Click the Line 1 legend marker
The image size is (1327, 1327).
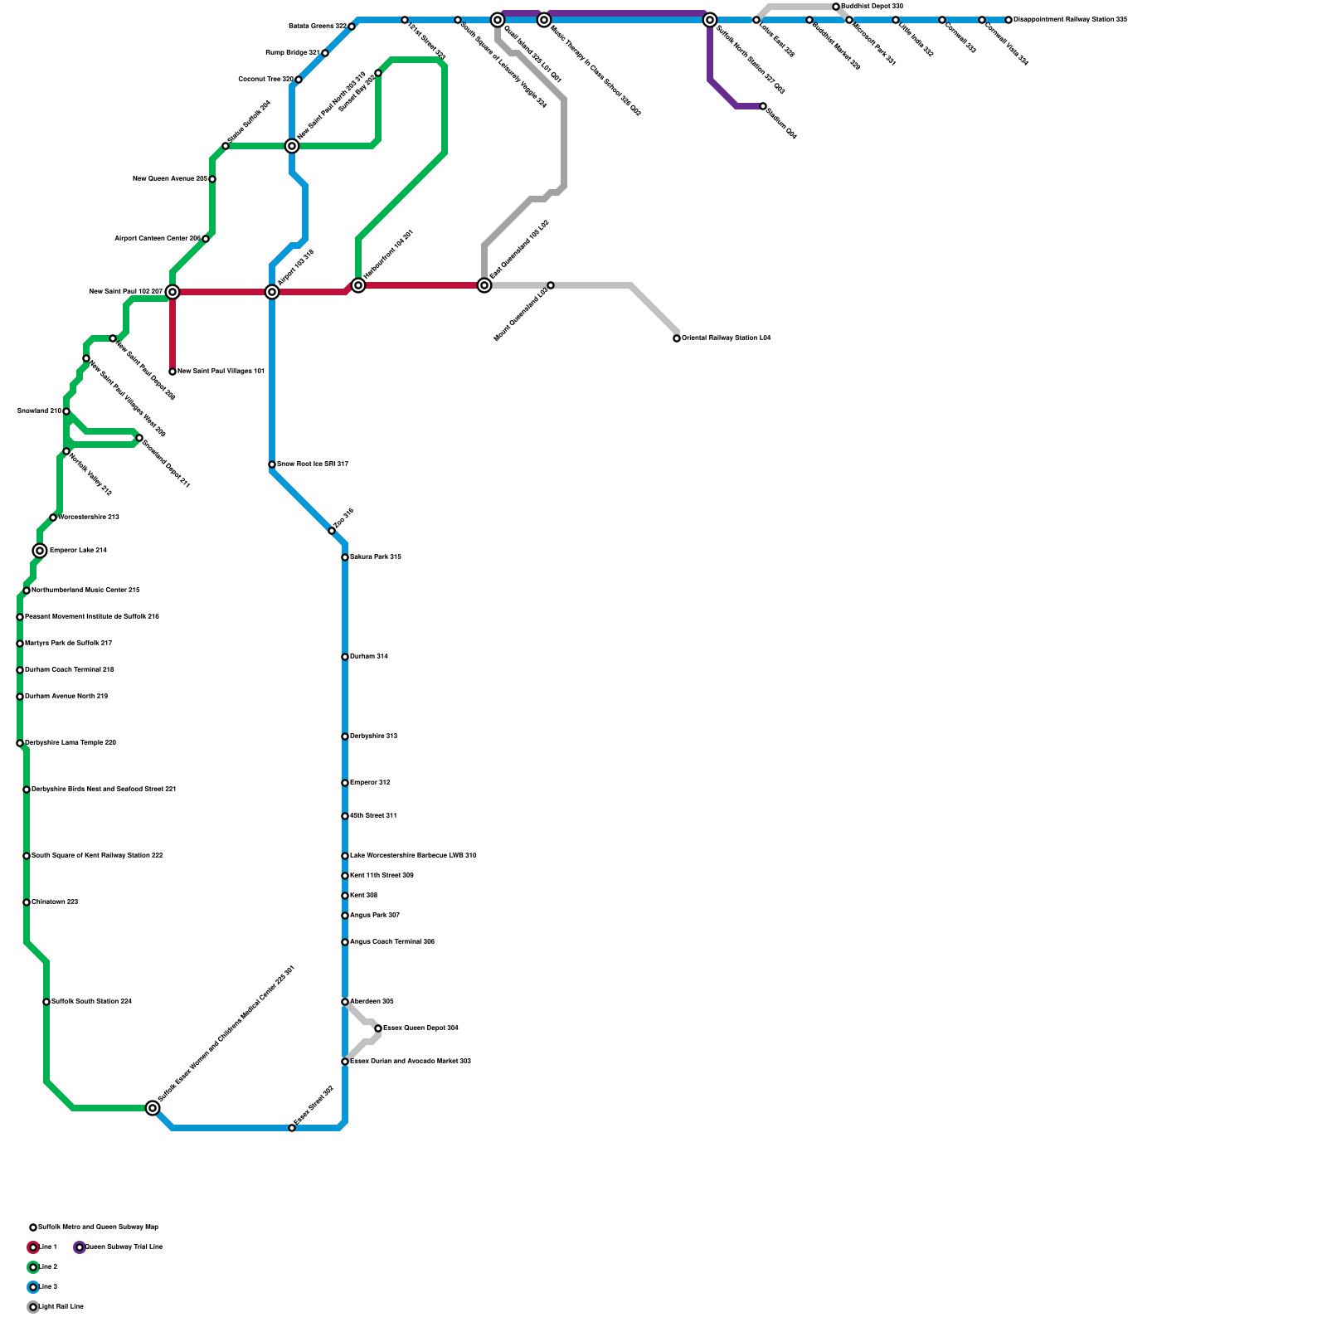point(33,1247)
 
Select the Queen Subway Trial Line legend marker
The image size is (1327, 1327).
point(80,1247)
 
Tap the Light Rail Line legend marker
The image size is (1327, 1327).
point(33,1307)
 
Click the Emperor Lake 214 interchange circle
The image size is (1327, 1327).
point(40,551)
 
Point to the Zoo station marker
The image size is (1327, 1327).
point(332,531)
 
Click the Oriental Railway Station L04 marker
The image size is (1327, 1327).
point(677,338)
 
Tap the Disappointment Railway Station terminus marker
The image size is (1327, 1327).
point(1009,20)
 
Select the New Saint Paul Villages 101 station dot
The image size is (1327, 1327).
point(173,372)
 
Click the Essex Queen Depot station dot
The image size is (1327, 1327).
point(378,1028)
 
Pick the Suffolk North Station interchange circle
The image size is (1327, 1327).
point(710,20)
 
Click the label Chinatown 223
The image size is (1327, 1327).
point(55,902)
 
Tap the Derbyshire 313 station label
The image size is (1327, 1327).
point(373,736)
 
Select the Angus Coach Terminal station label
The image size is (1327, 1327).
point(391,942)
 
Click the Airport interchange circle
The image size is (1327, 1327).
point(272,292)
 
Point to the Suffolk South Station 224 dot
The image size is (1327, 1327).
point(46,1002)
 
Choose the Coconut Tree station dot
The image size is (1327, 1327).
point(299,80)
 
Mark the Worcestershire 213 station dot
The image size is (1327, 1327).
point(53,518)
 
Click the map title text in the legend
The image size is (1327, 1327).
point(98,1227)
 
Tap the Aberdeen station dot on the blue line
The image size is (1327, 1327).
point(345,1002)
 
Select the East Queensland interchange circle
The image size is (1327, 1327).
point(484,285)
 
